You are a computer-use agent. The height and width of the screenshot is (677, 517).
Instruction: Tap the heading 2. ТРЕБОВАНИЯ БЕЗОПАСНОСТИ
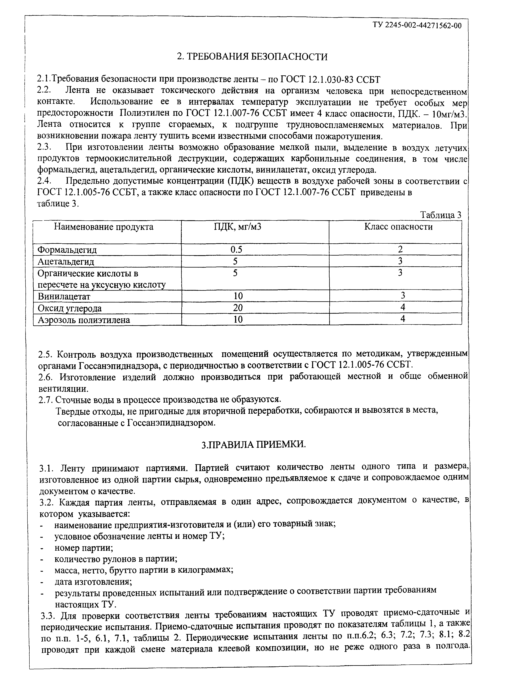[252, 57]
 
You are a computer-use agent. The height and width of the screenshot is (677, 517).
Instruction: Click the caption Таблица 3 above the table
[441, 215]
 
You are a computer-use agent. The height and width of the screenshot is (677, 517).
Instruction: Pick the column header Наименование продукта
[104, 227]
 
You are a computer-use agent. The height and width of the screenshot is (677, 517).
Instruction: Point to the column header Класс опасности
[399, 227]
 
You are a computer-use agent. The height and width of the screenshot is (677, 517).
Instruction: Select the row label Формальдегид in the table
[67, 250]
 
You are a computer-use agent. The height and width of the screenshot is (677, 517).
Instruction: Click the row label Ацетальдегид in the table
[66, 262]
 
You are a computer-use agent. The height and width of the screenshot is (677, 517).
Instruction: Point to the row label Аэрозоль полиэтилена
[84, 320]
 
